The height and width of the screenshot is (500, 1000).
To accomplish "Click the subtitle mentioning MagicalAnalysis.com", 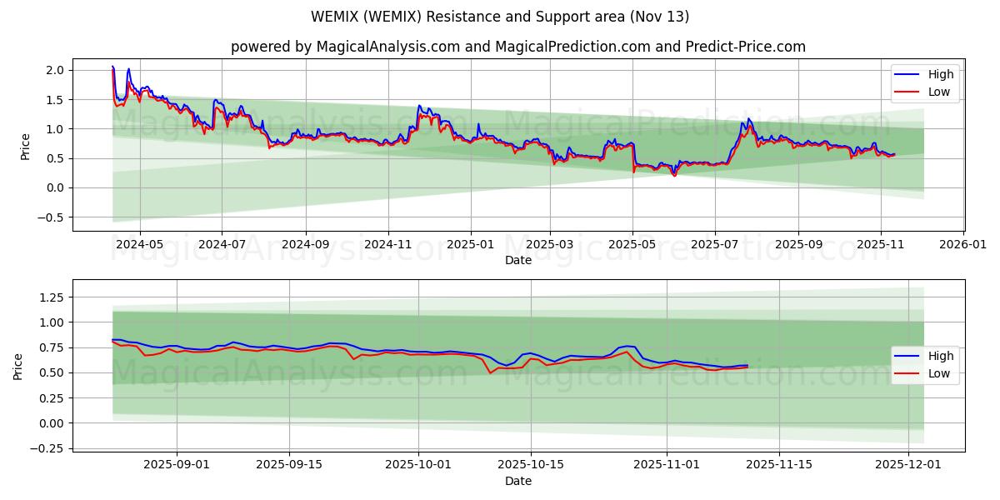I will [517, 47].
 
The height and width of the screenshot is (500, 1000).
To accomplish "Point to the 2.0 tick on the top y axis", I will [56, 70].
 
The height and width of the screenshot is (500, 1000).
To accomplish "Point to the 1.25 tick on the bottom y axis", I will [52, 297].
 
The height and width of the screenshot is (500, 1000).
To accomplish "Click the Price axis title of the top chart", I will [25, 146].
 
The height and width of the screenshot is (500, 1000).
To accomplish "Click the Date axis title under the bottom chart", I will [517, 482].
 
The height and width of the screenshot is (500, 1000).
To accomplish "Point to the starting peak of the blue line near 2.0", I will [112, 66].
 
